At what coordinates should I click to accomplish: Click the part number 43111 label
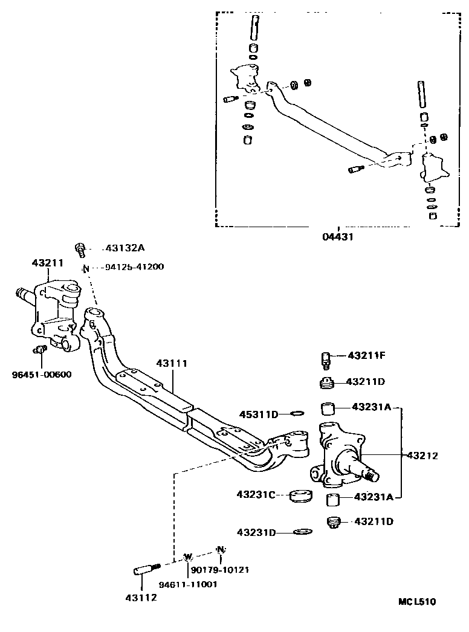pos(172,363)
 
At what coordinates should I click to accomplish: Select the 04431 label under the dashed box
pos(337,237)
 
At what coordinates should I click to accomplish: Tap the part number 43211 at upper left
pos(48,263)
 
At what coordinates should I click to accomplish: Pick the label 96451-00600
pos(41,373)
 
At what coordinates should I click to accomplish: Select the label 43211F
pos(366,355)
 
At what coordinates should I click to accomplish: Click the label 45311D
pos(258,414)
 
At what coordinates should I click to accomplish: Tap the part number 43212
pos(422,455)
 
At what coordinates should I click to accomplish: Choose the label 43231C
pos(256,495)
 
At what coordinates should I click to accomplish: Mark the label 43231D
pos(256,532)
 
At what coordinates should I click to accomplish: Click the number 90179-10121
pos(219,569)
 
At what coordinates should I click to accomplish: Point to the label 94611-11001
pos(189,584)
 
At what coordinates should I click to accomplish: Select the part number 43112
pos(141,598)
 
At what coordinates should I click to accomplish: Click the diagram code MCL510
pos(416,602)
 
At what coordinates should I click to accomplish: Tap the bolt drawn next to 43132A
pos(80,248)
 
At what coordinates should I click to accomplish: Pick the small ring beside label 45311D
pos(297,414)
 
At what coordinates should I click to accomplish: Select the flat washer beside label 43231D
pos(302,532)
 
